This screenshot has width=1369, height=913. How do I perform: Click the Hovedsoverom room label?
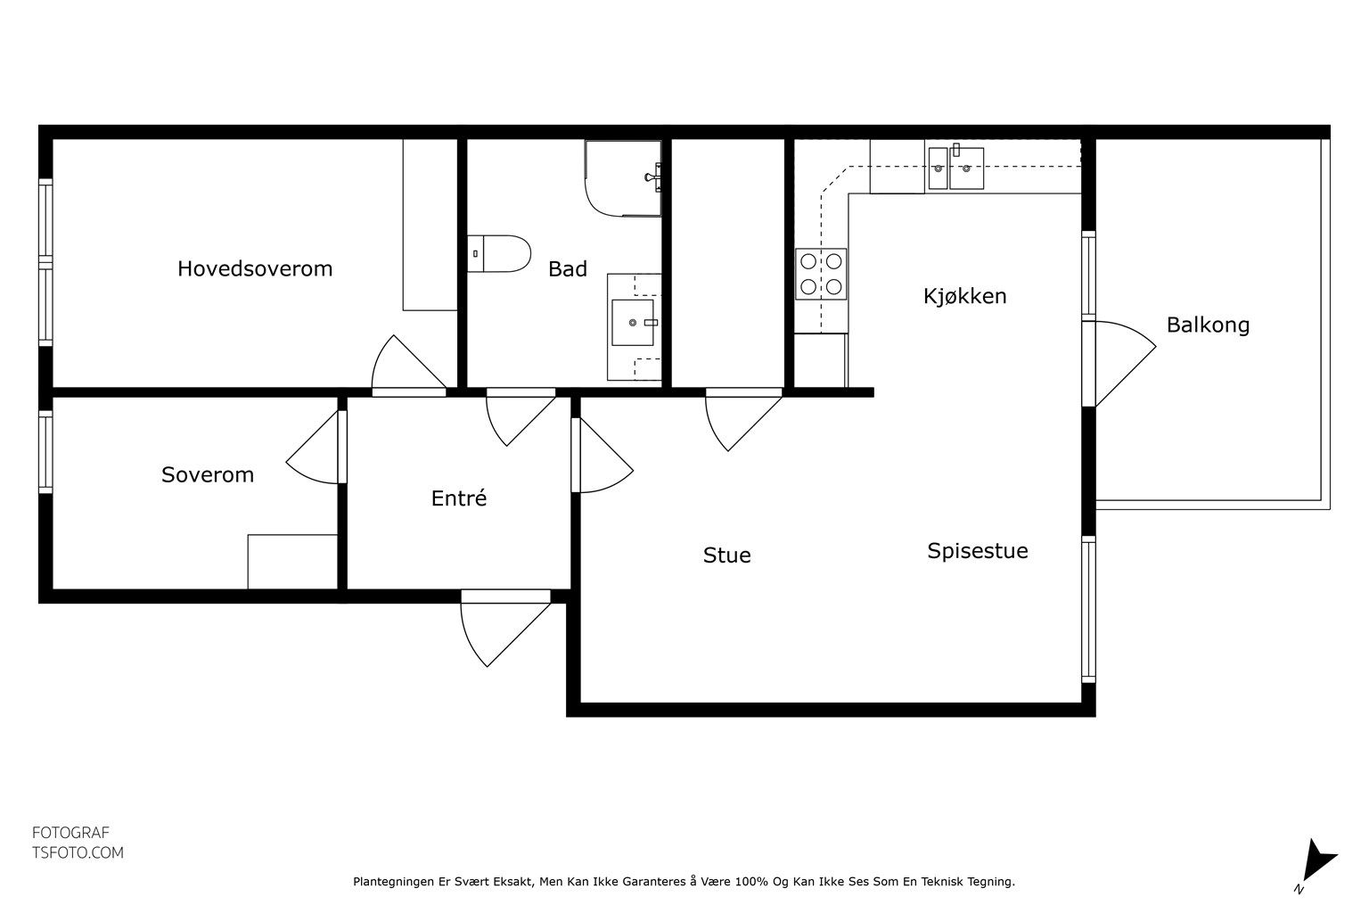pyautogui.click(x=255, y=269)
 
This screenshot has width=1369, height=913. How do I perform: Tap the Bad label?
pyautogui.click(x=567, y=269)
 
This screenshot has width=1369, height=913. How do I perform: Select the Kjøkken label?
pyautogui.click(x=964, y=297)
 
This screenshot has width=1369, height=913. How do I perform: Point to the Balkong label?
pyautogui.click(x=1208, y=325)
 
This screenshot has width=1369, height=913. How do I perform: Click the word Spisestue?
pyautogui.click(x=977, y=551)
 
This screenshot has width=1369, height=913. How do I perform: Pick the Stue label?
pyautogui.click(x=726, y=555)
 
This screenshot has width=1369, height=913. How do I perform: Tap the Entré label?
pyautogui.click(x=459, y=498)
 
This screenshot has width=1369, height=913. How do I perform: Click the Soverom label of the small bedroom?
pyautogui.click(x=207, y=475)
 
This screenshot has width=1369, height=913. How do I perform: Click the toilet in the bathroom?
pyautogui.click(x=499, y=254)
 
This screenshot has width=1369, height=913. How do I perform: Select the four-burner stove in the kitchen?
pyautogui.click(x=821, y=274)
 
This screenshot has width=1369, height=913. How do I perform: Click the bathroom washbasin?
pyautogui.click(x=633, y=322)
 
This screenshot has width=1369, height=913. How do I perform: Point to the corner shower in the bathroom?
pyautogui.click(x=623, y=178)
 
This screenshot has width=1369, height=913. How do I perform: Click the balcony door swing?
pyautogui.click(x=1125, y=363)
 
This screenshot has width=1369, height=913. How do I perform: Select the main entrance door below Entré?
pyautogui.click(x=505, y=628)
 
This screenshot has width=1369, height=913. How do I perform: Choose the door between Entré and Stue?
pyautogui.click(x=602, y=455)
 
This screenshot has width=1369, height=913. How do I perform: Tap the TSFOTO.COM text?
pyautogui.click(x=78, y=853)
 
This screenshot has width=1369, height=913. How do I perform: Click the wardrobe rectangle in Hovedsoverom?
pyautogui.click(x=430, y=225)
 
